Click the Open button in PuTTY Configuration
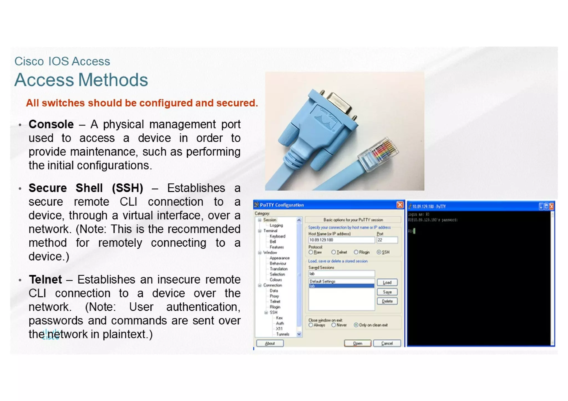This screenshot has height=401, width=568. point(357,343)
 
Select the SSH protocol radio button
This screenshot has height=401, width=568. point(379,252)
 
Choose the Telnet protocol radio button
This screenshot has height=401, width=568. point(334,252)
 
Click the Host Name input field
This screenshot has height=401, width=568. point(341,240)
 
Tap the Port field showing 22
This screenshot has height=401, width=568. point(387,240)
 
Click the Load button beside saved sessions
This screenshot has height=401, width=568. point(387,282)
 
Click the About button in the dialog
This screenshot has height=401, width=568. point(270,343)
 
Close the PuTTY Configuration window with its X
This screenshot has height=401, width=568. point(400,205)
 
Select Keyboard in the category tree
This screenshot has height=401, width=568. point(277,236)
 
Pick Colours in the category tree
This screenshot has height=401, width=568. point(276,280)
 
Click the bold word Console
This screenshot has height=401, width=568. point(51,124)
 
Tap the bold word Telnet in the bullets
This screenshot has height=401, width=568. point(45,279)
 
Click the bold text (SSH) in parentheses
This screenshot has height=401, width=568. point(128,188)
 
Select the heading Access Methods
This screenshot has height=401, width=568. point(81,80)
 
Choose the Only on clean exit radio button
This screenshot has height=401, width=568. point(356,325)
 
